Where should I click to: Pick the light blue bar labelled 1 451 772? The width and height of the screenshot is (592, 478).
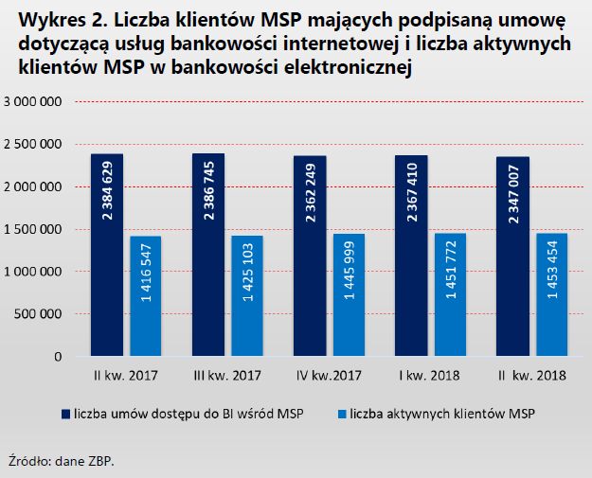click(450, 294)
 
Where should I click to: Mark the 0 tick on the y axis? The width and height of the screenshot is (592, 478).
click(59, 357)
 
